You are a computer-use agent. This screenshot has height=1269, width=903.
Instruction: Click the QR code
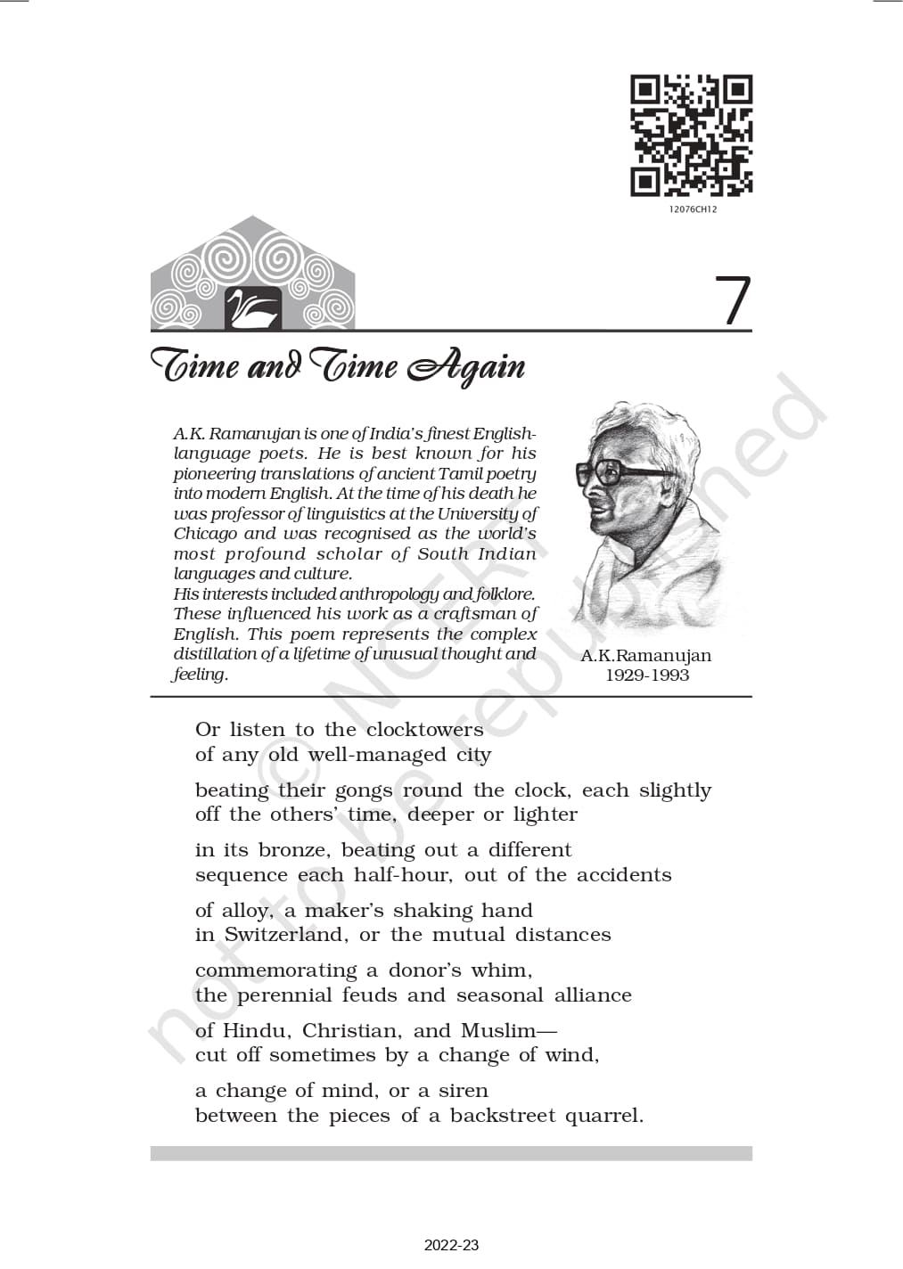pos(692,135)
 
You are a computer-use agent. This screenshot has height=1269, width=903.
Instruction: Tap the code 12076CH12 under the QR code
pos(692,209)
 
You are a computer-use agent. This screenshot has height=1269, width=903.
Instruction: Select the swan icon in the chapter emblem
pos(252,309)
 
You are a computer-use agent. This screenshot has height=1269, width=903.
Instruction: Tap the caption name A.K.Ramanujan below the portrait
pos(646,656)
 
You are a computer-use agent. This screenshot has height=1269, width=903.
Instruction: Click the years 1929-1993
pos(647,675)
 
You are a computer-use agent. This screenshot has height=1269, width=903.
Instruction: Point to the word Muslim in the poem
pos(498,1031)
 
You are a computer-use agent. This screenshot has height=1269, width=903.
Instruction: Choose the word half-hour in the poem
pos(395,875)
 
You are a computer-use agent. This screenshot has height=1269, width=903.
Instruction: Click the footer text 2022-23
pos(451,1245)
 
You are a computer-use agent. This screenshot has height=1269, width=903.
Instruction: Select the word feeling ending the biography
pos(200,675)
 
